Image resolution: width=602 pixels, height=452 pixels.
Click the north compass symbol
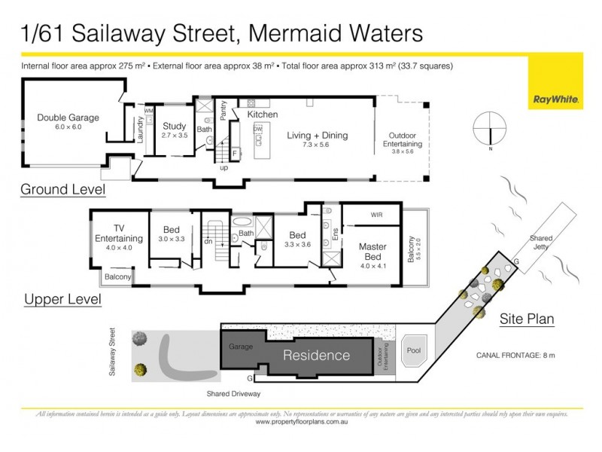click(x=491, y=130)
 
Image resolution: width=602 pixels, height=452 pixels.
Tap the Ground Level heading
click(x=62, y=188)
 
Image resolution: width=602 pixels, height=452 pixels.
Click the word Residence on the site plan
click(x=316, y=355)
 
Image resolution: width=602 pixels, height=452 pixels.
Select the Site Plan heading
click(x=527, y=319)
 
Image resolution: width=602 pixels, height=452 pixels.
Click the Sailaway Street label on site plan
click(x=114, y=351)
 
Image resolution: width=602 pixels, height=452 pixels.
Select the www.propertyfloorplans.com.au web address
click(x=301, y=422)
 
